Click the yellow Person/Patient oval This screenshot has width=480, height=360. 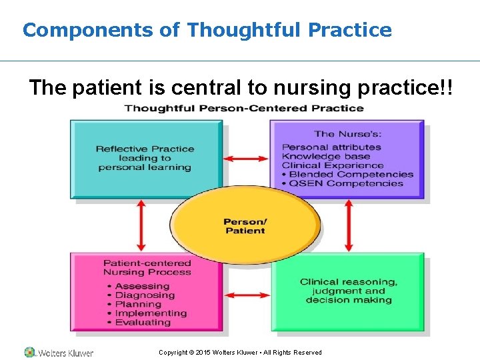click(x=245, y=226)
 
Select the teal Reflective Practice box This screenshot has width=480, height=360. click(x=147, y=159)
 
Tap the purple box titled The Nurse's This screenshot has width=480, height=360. click(x=347, y=159)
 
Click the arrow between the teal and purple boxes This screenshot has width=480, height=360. click(x=246, y=159)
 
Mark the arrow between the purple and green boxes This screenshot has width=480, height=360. click(x=348, y=225)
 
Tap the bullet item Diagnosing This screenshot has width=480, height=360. click(x=145, y=295)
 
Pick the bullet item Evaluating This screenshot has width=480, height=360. click(x=143, y=323)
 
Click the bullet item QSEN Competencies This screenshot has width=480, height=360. click(x=346, y=183)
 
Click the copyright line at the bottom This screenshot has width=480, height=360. click(x=240, y=353)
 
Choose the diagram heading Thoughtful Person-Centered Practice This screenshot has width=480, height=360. click(x=244, y=108)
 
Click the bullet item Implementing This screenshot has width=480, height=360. click(x=151, y=313)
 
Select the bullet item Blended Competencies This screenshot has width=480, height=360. click(x=351, y=174)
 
